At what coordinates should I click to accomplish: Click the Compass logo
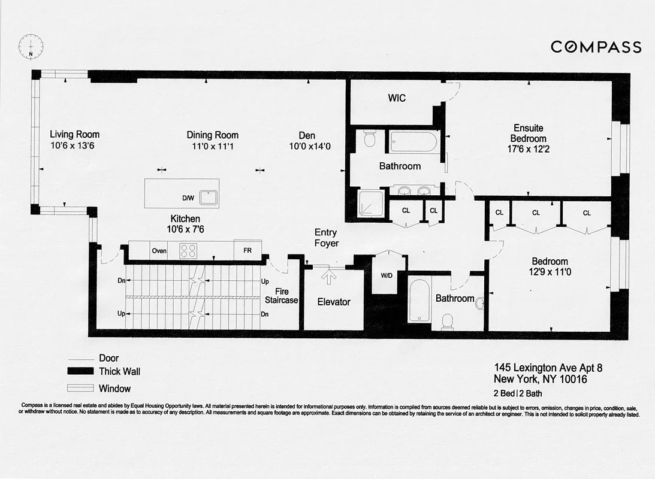click(596, 47)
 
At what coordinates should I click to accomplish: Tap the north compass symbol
click(29, 45)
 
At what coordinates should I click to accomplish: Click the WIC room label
click(397, 98)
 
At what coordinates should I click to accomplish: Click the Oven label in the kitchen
click(159, 251)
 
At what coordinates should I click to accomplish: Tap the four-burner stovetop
click(188, 250)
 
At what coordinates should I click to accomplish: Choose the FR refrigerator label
click(247, 251)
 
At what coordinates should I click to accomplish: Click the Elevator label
click(333, 302)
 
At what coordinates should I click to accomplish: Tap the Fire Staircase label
click(281, 296)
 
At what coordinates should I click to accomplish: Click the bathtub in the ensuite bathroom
click(414, 143)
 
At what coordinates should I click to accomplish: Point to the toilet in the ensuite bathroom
click(369, 140)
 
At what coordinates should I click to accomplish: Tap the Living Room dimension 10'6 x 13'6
click(74, 145)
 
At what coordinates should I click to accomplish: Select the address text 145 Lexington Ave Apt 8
click(548, 368)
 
